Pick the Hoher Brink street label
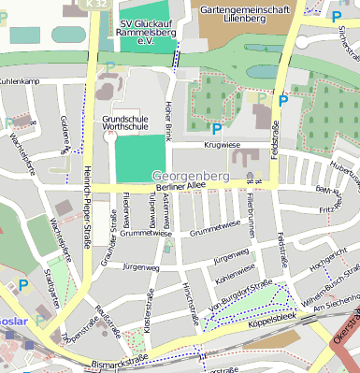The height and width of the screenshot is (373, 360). [169, 121]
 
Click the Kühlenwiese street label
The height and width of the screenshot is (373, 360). [234, 270]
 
